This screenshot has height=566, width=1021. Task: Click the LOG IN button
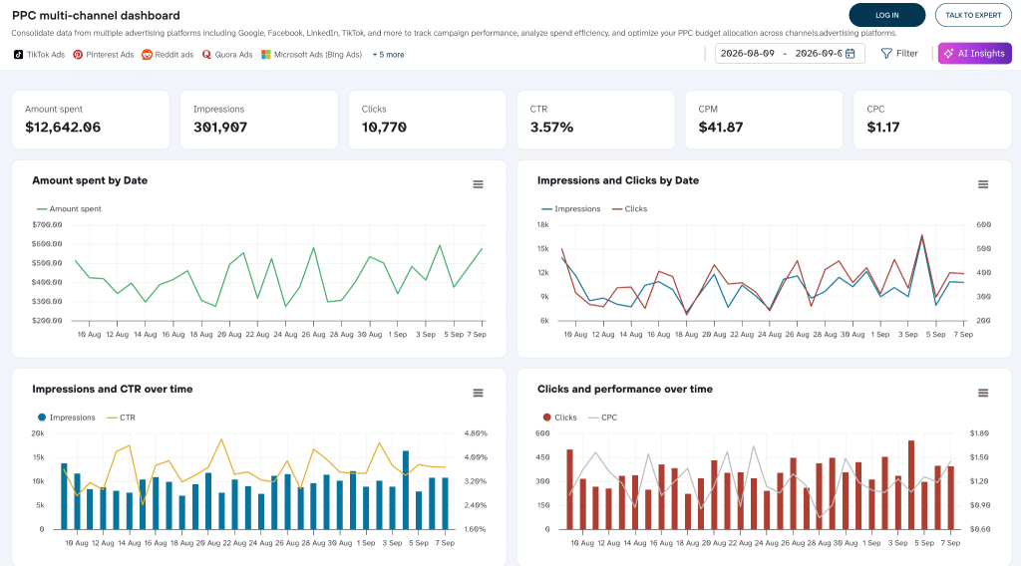pyautogui.click(x=886, y=15)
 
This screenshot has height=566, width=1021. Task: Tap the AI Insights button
pyautogui.click(x=975, y=54)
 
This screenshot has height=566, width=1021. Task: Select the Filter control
pyautogui.click(x=899, y=54)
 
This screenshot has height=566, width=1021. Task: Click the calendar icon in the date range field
pyautogui.click(x=851, y=54)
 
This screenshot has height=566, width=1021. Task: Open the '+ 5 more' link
pyautogui.click(x=388, y=55)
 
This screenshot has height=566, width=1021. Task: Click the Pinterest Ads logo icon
pyautogui.click(x=78, y=55)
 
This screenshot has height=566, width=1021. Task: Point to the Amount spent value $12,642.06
pyautogui.click(x=63, y=128)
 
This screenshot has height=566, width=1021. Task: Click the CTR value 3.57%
pyautogui.click(x=551, y=128)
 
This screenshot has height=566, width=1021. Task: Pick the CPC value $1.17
pyautogui.click(x=883, y=128)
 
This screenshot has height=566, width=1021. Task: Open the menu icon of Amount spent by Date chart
pyautogui.click(x=478, y=184)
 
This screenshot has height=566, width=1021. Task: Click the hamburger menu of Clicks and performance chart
pyautogui.click(x=983, y=393)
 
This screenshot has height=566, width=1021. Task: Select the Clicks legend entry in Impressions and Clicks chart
pyautogui.click(x=630, y=209)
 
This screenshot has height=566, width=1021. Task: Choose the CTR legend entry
pyautogui.click(x=121, y=418)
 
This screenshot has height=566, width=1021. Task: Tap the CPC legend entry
pyautogui.click(x=603, y=418)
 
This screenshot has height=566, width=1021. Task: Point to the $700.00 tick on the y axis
pyautogui.click(x=47, y=224)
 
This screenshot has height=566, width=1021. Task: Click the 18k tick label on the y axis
pyautogui.click(x=543, y=224)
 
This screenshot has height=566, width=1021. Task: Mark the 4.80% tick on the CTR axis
pyautogui.click(x=476, y=433)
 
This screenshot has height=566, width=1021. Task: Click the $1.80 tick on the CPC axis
pyautogui.click(x=979, y=433)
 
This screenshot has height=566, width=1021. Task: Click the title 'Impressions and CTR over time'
pyautogui.click(x=113, y=389)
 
